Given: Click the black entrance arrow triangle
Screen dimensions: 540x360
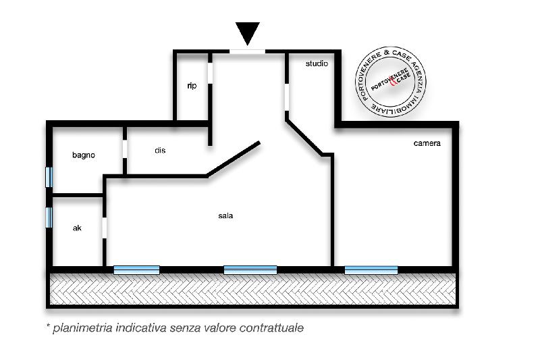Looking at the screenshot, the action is pyautogui.click(x=247, y=32).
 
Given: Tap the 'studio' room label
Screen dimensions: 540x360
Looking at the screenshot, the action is pyautogui.click(x=317, y=63).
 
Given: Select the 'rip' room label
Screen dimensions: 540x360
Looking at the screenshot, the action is pyautogui.click(x=192, y=86).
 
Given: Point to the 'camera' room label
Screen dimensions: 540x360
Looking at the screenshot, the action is pyautogui.click(x=427, y=143).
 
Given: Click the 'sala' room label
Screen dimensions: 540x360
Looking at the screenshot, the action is pyautogui.click(x=225, y=215).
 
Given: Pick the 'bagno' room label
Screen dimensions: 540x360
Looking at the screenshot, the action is pyautogui.click(x=84, y=155).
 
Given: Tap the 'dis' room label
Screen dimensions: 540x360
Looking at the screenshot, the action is pyautogui.click(x=160, y=150).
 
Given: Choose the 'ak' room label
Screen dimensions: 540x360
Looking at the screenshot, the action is pyautogui.click(x=77, y=228).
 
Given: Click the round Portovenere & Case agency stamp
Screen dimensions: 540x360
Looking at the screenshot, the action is pyautogui.click(x=391, y=82).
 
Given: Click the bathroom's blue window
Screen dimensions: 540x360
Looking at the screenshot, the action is pyautogui.click(x=49, y=177).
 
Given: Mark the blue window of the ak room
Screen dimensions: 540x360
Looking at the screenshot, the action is pyautogui.click(x=49, y=217).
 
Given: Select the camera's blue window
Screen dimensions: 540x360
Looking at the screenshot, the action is pyautogui.click(x=371, y=269).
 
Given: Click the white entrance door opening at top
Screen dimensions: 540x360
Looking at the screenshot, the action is pyautogui.click(x=247, y=52).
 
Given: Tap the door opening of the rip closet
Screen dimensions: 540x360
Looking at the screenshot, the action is pyautogui.click(x=210, y=72).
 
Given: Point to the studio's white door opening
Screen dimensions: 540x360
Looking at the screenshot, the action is pyautogui.click(x=287, y=97).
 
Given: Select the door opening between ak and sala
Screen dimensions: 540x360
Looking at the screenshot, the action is pyautogui.click(x=105, y=228).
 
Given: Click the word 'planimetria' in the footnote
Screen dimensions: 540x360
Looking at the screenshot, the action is pyautogui.click(x=82, y=328).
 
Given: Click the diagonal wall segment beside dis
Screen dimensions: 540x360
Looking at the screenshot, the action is pyautogui.click(x=234, y=159).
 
